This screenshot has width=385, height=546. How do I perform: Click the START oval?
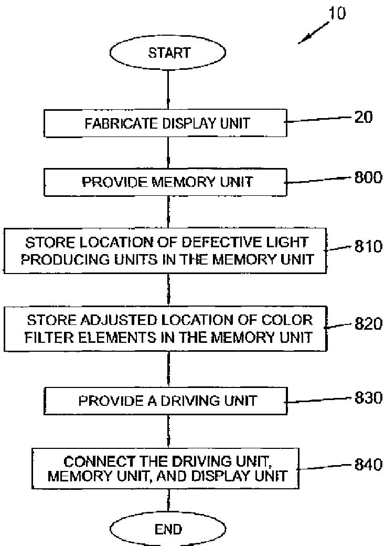168,52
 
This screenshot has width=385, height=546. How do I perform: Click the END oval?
168,529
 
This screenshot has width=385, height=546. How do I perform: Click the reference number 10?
337,13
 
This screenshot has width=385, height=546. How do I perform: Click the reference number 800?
367,177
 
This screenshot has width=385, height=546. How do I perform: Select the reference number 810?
367,246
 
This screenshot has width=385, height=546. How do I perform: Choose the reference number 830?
367,398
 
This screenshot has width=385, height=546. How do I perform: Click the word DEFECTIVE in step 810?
239,243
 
